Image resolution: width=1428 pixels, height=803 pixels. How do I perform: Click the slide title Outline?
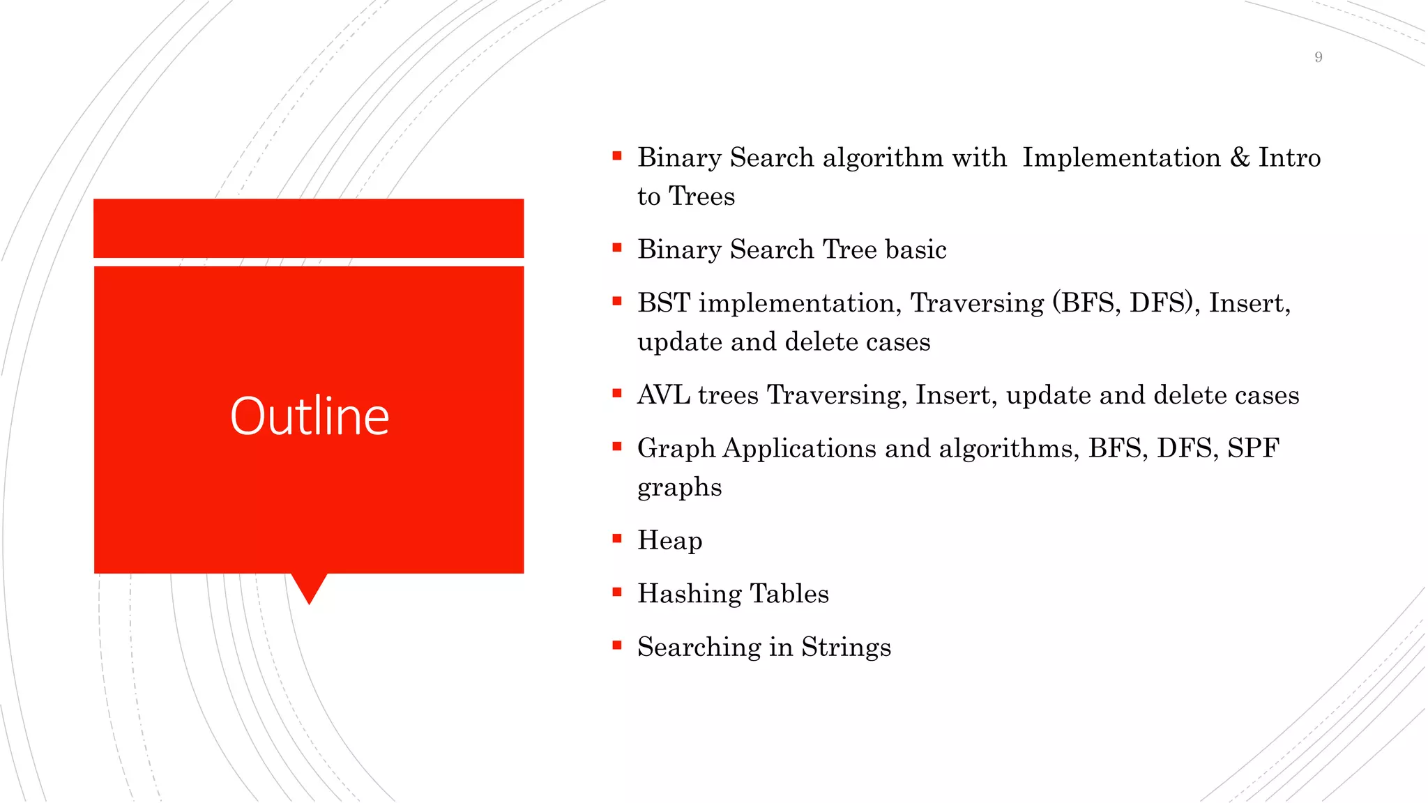310,416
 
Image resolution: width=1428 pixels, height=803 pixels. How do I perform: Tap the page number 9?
1318,57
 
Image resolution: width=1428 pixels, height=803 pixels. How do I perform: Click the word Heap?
669,541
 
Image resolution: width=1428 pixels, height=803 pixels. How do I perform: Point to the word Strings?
846,648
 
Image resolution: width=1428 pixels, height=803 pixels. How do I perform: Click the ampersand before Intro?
1240,158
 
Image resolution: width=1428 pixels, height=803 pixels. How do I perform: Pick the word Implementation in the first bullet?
1121,158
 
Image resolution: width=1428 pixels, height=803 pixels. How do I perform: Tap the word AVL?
663,395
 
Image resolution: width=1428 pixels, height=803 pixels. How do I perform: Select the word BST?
663,303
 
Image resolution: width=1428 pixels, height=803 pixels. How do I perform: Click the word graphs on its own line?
679,488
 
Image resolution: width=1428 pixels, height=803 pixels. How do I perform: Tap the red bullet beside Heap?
616,538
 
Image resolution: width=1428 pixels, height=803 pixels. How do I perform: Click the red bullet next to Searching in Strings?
616,645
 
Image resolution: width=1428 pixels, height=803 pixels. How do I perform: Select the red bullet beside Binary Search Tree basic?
616,247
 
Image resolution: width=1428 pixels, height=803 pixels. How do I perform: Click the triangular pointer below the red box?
309,587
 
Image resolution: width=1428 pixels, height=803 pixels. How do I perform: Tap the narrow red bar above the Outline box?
308,228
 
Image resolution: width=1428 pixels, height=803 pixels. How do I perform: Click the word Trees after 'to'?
701,197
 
